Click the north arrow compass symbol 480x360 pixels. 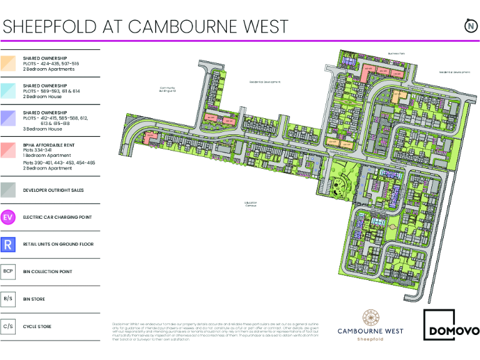[x=469, y=26]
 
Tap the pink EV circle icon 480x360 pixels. [x=8, y=217]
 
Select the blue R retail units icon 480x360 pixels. [x=8, y=244]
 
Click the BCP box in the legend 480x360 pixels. [x=8, y=271]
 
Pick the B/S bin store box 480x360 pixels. [x=8, y=299]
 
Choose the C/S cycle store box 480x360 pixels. [x=8, y=326]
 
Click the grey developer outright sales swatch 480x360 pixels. [x=8, y=190]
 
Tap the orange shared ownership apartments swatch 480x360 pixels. [x=8, y=63]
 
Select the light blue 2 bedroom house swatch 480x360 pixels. [x=8, y=91]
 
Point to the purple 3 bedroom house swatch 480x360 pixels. [x=8, y=118]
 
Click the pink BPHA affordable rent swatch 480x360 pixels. [x=8, y=150]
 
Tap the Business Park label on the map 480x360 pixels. [x=397, y=54]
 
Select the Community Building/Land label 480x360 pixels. [x=167, y=89]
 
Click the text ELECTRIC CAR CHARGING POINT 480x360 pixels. [x=58, y=217]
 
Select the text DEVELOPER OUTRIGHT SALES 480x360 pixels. [x=53, y=190]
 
